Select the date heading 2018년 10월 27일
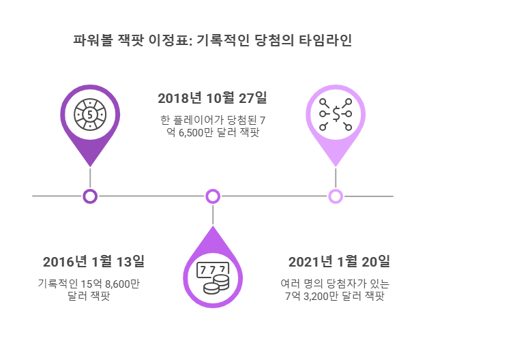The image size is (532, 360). coord(212,98)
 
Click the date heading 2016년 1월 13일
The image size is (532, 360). coord(93,262)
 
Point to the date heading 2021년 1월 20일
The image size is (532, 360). coord(339,262)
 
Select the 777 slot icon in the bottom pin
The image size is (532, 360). coord(213,271)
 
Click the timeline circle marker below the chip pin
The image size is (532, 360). coord(90,196)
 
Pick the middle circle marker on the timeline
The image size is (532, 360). coord(213,196)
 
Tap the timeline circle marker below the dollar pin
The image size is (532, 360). coord(336,196)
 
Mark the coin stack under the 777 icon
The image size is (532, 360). coord(213,287)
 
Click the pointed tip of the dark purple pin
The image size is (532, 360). coord(90,165)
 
